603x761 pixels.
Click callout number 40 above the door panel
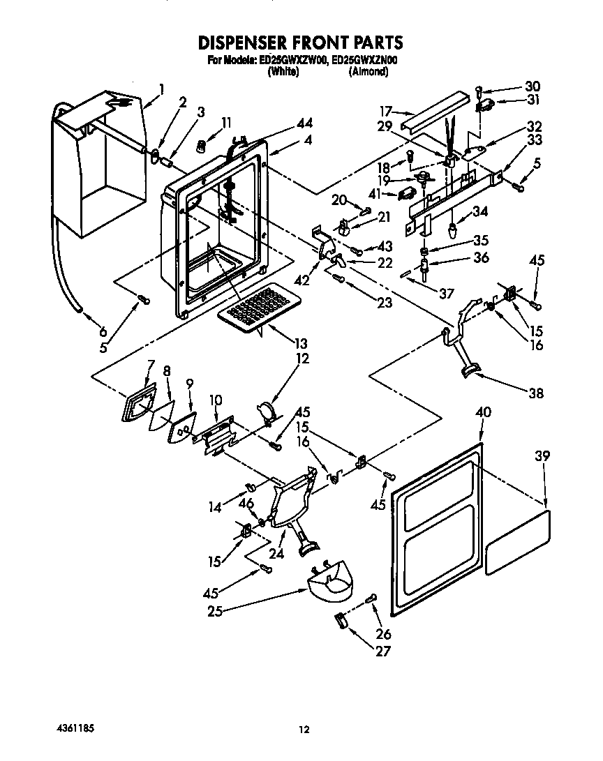(x=482, y=413)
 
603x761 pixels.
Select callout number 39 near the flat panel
(x=543, y=456)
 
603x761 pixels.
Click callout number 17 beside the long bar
(x=386, y=110)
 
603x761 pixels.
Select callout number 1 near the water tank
(x=161, y=88)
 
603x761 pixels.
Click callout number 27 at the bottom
(x=382, y=651)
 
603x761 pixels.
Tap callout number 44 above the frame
(x=304, y=122)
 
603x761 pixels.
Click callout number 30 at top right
(x=533, y=86)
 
